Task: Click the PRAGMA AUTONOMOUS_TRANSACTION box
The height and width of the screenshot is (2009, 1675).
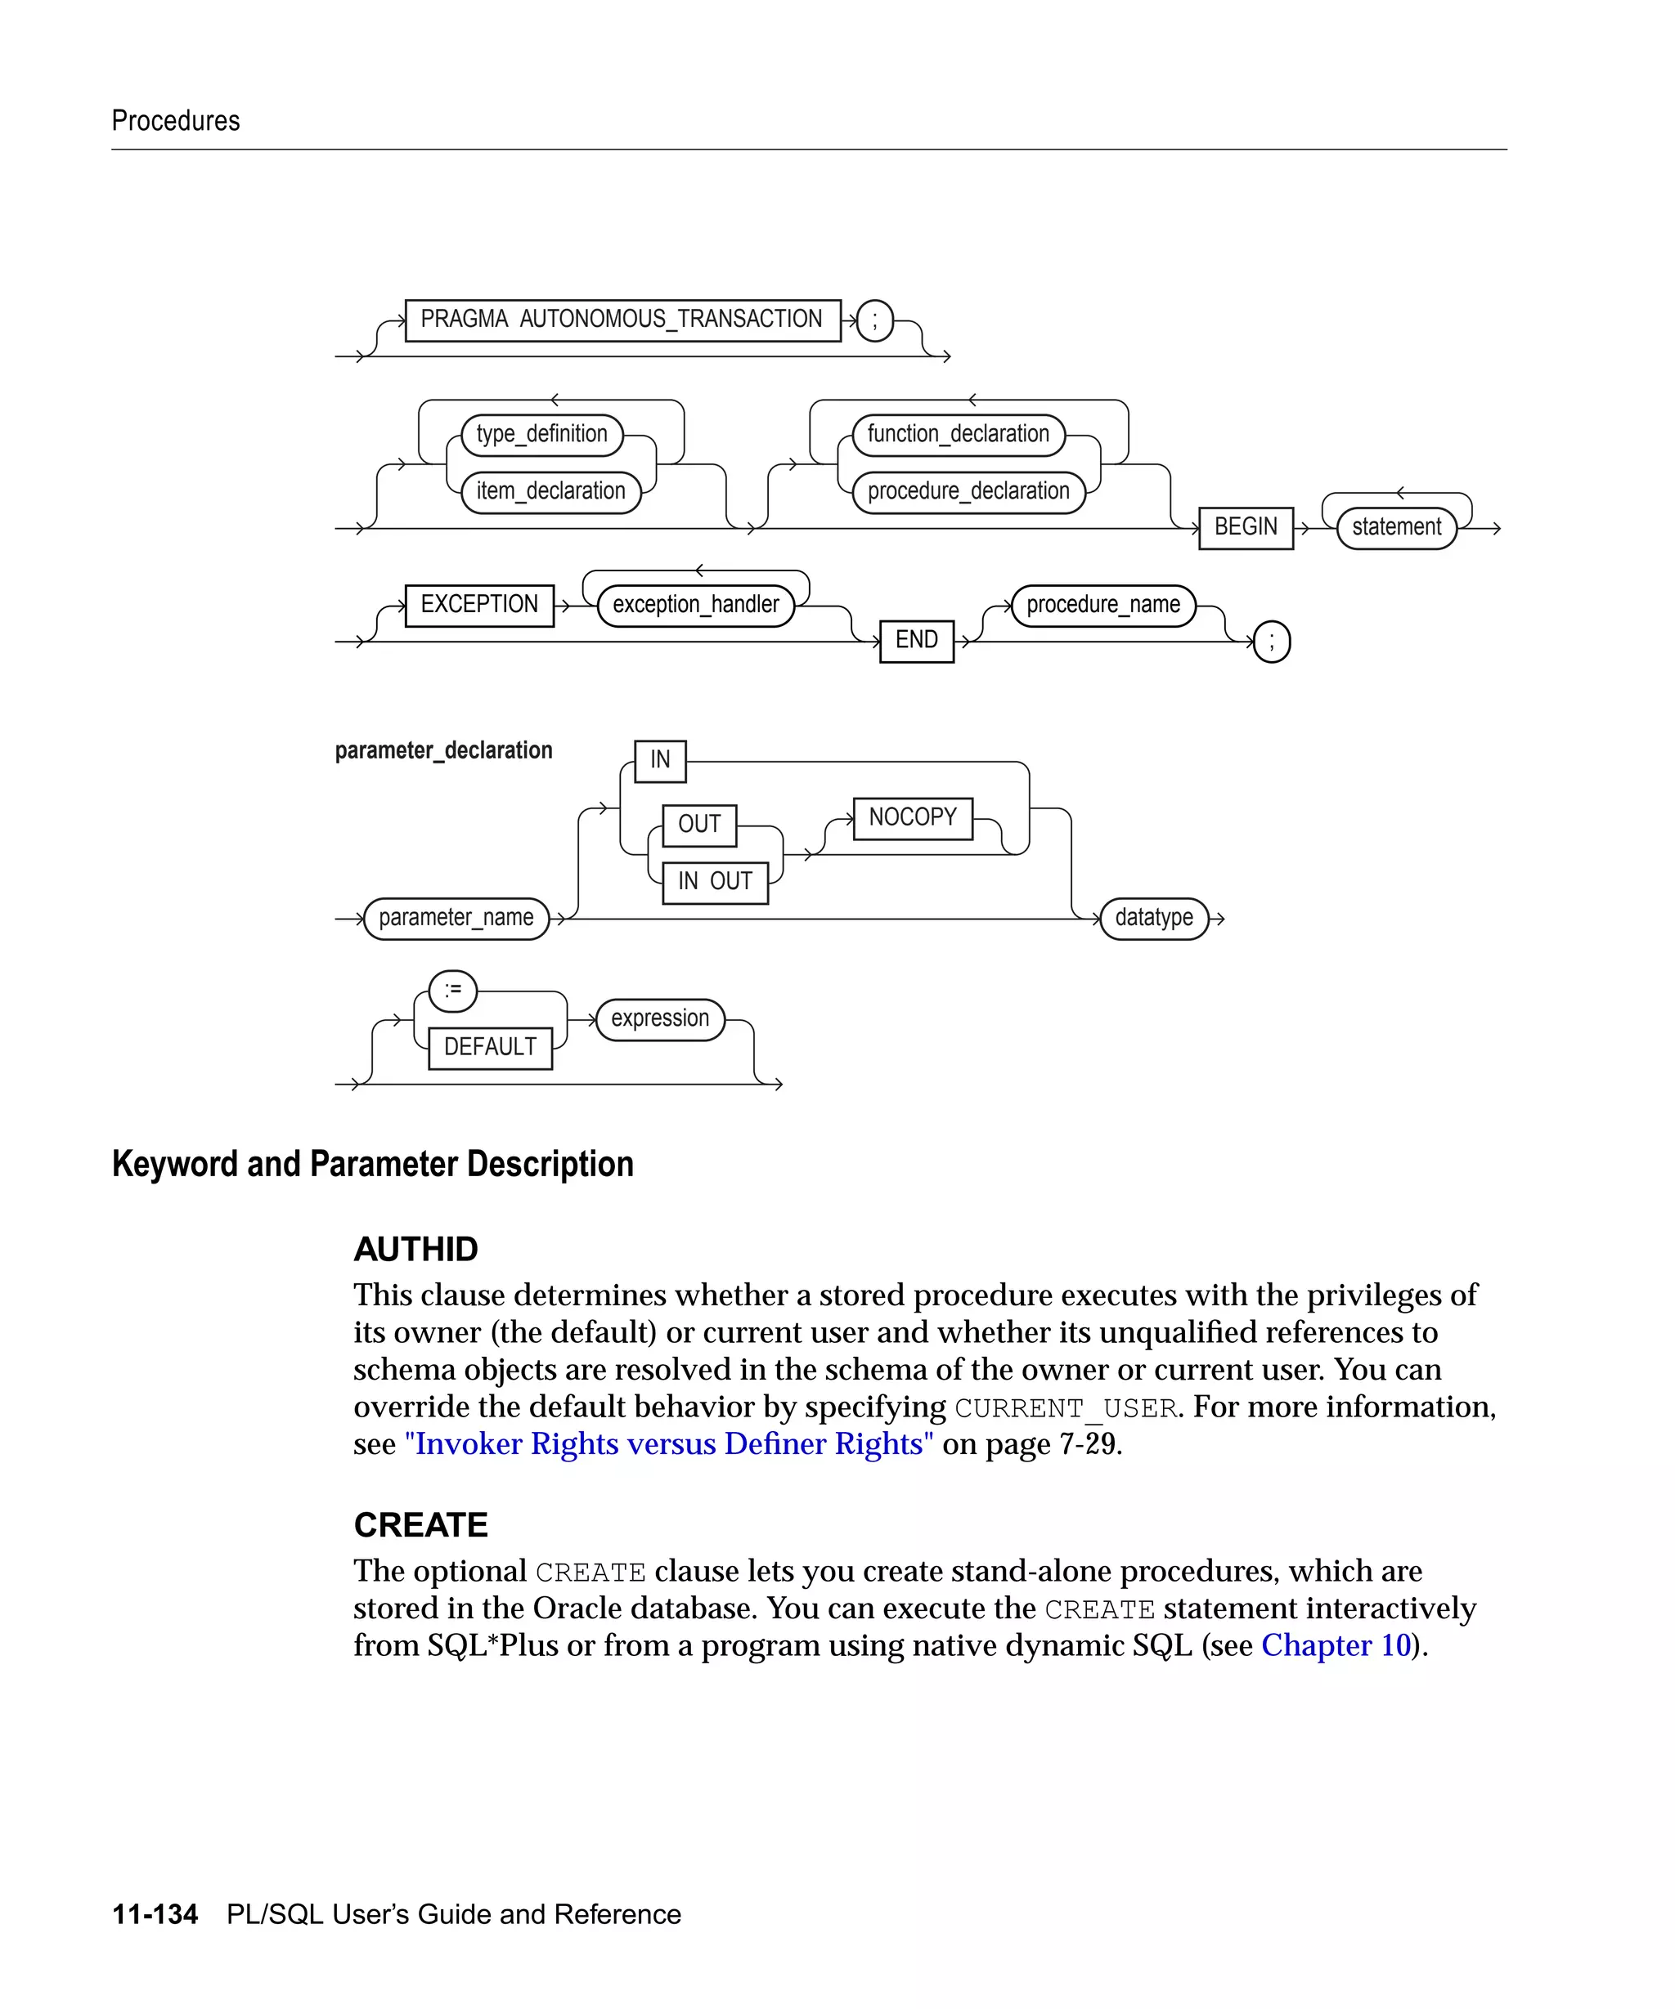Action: pyautogui.click(x=622, y=320)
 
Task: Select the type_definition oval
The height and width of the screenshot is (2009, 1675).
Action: pyautogui.click(x=541, y=434)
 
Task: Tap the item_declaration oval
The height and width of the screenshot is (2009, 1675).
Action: pyautogui.click(x=550, y=492)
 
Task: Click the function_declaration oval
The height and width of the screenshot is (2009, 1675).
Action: pyautogui.click(x=958, y=434)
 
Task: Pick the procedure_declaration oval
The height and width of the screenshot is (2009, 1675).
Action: pyautogui.click(x=968, y=492)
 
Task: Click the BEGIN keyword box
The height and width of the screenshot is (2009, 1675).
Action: pyautogui.click(x=1246, y=527)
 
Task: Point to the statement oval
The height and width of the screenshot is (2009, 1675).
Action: pyautogui.click(x=1395, y=527)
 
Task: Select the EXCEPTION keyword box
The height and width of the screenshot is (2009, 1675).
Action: pyautogui.click(x=479, y=605)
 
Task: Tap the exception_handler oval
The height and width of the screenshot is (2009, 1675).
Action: pyautogui.click(x=696, y=605)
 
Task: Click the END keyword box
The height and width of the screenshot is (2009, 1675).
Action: pyautogui.click(x=916, y=640)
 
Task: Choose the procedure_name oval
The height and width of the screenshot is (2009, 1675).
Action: pyautogui.click(x=1102, y=605)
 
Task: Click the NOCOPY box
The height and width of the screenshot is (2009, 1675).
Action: pyautogui.click(x=912, y=818)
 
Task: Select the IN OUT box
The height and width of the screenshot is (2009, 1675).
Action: pyautogui.click(x=715, y=881)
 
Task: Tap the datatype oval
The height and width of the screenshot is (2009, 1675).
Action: pyautogui.click(x=1153, y=919)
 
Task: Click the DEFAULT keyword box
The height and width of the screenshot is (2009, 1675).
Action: pyautogui.click(x=490, y=1048)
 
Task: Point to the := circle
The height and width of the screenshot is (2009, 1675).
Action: pyautogui.click(x=453, y=990)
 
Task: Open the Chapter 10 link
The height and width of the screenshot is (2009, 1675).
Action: pyautogui.click(x=1336, y=1645)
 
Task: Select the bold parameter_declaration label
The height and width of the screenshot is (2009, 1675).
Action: pyautogui.click(x=443, y=751)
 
